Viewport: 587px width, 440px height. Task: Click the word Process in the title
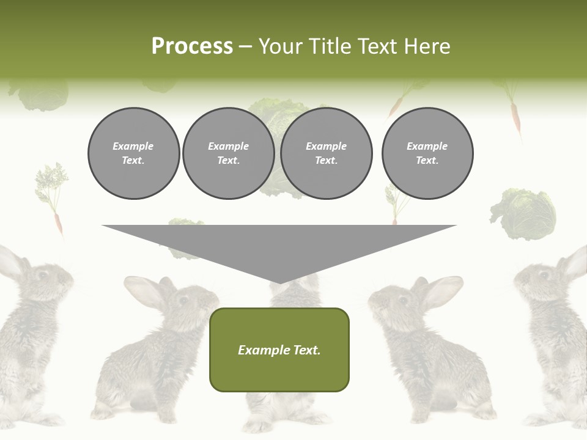coord(192,46)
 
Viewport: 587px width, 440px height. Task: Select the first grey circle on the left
coord(133,153)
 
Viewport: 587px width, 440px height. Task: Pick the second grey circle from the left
coord(228,153)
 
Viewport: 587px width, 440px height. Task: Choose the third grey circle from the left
coord(326,153)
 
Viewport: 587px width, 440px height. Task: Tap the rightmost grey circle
coord(427,153)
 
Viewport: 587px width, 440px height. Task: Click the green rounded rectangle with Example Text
coord(279,350)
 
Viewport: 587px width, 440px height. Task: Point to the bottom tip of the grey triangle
coord(279,282)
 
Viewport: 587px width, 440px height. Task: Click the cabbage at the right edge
coord(524,214)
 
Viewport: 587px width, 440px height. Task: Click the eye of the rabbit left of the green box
coord(182,301)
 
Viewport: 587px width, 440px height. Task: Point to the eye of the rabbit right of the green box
coord(402,301)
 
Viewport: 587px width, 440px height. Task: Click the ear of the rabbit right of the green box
coord(441,291)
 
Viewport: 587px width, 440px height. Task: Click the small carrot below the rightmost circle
coord(394,205)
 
